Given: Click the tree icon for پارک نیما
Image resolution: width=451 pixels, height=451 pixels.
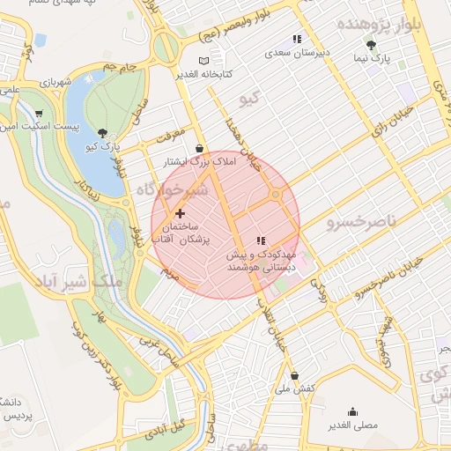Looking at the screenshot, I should coord(371,44).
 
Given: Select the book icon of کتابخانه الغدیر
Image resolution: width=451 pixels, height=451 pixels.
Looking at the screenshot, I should coord(204,60).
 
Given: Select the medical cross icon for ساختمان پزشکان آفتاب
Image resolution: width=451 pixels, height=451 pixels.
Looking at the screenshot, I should coord(181,212).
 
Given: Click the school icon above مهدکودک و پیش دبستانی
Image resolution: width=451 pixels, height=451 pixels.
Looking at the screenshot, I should coord(260,240).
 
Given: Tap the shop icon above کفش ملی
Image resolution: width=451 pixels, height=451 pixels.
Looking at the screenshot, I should coord(294,375).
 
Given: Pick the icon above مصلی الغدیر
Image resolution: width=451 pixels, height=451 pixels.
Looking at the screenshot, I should coord(352,411).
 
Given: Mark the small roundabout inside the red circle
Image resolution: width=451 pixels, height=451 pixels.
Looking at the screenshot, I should coord(276,195).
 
